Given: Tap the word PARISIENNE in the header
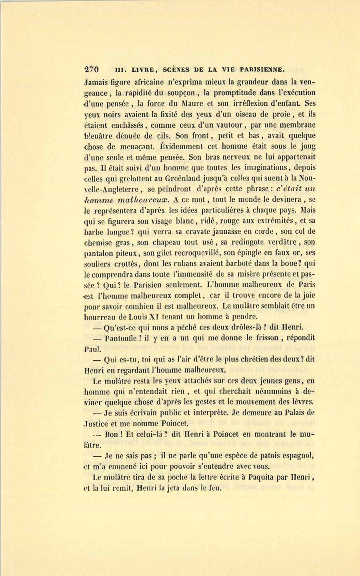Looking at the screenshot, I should click(x=261, y=69).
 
